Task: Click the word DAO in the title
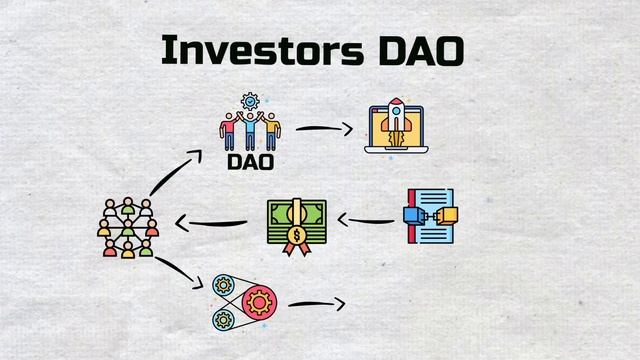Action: pyautogui.click(x=420, y=51)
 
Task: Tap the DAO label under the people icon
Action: pyautogui.click(x=250, y=160)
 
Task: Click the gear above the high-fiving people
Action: pyautogui.click(x=250, y=100)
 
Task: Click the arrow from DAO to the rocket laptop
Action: pyautogui.click(x=325, y=129)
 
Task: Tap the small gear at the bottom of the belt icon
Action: pyautogui.click(x=222, y=319)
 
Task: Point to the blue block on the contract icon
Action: pyautogui.click(x=414, y=213)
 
